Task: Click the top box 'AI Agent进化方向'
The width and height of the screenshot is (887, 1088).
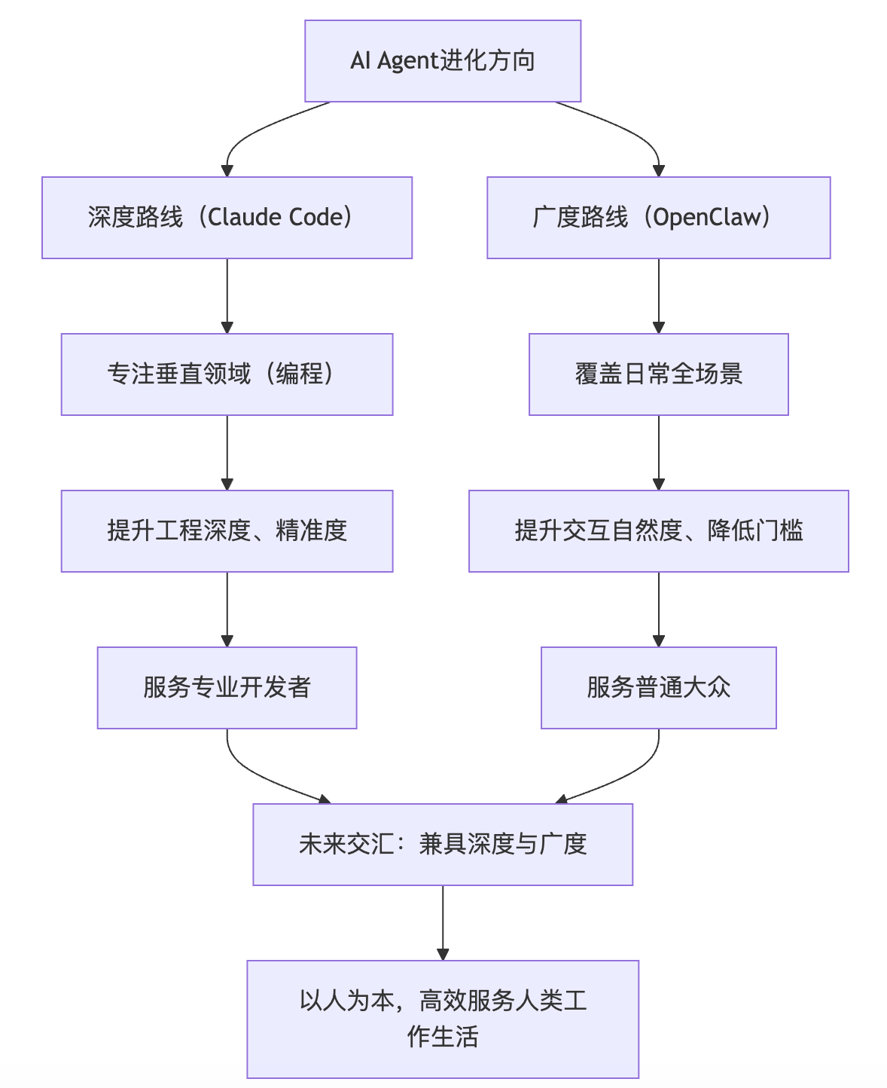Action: coord(443,61)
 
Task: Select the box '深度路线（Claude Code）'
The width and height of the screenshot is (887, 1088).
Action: coord(227,218)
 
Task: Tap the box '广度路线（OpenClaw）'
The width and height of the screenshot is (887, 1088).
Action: coord(658,218)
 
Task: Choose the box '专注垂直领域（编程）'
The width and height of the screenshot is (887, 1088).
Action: coord(227,374)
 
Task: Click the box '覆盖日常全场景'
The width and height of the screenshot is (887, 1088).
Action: coord(658,374)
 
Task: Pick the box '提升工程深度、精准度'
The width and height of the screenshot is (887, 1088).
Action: coord(227,531)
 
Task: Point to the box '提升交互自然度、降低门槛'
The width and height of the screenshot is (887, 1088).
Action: coord(658,531)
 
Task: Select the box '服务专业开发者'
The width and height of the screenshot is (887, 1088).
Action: coord(227,688)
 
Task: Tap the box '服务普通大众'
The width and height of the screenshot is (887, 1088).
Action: coord(658,688)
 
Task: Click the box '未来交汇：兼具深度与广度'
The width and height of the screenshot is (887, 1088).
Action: coord(443,845)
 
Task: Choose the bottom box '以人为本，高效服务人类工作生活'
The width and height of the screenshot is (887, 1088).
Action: coord(443,1019)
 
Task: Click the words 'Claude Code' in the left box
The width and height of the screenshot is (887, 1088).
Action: coord(276,218)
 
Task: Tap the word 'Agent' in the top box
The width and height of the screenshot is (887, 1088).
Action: coord(407,61)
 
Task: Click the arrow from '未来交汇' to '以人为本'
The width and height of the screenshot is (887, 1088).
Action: coord(443,922)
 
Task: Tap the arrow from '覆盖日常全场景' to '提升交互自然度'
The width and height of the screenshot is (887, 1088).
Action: coord(658,452)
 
